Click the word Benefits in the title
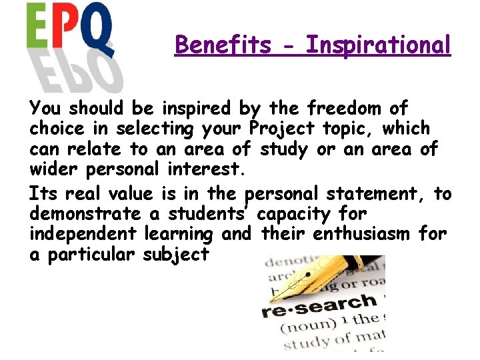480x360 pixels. tap(223, 45)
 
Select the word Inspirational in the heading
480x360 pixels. tap(378, 45)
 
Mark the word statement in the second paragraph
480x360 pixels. tap(375, 194)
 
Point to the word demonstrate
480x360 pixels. tap(85, 214)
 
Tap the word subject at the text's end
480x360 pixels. tap(177, 255)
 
